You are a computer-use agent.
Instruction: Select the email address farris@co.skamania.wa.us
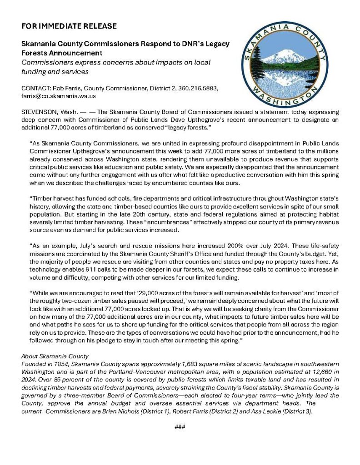click(59, 96)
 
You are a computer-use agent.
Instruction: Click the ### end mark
click(180, 427)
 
